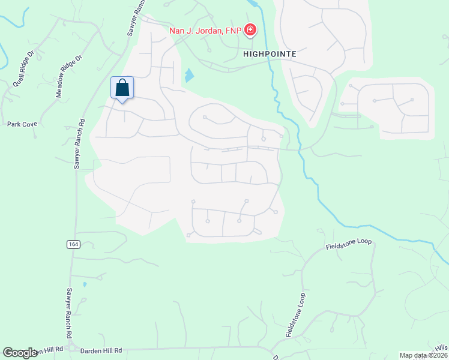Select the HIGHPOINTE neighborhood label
(270, 53)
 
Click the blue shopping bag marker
(122, 88)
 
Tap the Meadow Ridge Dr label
(68, 76)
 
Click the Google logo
(20, 352)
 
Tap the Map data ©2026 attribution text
(423, 355)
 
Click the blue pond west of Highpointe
(190, 75)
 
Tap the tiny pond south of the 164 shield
(85, 284)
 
